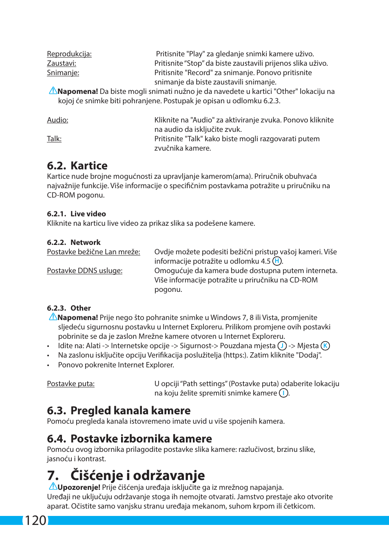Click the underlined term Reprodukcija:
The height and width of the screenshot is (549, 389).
click(x=69, y=54)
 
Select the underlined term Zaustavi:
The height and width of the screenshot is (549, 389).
click(x=62, y=63)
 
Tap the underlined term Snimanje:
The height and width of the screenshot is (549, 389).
click(x=63, y=73)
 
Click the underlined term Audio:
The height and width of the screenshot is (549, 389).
click(x=57, y=120)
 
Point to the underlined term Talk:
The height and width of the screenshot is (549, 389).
click(x=54, y=139)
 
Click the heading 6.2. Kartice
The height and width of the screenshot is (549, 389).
click(x=77, y=166)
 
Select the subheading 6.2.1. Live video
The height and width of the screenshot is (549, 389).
click(x=76, y=214)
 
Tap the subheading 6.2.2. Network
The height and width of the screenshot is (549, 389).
click(x=73, y=242)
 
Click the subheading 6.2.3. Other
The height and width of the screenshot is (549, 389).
click(x=69, y=308)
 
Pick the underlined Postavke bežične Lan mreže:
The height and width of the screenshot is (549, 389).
click(x=93, y=252)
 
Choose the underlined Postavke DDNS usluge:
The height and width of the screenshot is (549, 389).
click(x=84, y=271)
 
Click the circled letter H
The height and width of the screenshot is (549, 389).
click(x=277, y=261)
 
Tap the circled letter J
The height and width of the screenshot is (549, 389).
click(x=282, y=346)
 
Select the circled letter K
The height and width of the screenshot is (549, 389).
click(x=325, y=346)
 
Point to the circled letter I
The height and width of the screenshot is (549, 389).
click(x=283, y=393)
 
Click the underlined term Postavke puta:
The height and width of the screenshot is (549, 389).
click(x=71, y=384)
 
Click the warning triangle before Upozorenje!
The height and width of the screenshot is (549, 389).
click(x=53, y=486)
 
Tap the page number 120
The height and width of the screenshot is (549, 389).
click(x=35, y=520)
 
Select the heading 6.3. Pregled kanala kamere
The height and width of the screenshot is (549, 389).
click(x=119, y=411)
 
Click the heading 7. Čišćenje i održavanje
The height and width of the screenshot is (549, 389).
click(x=126, y=476)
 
